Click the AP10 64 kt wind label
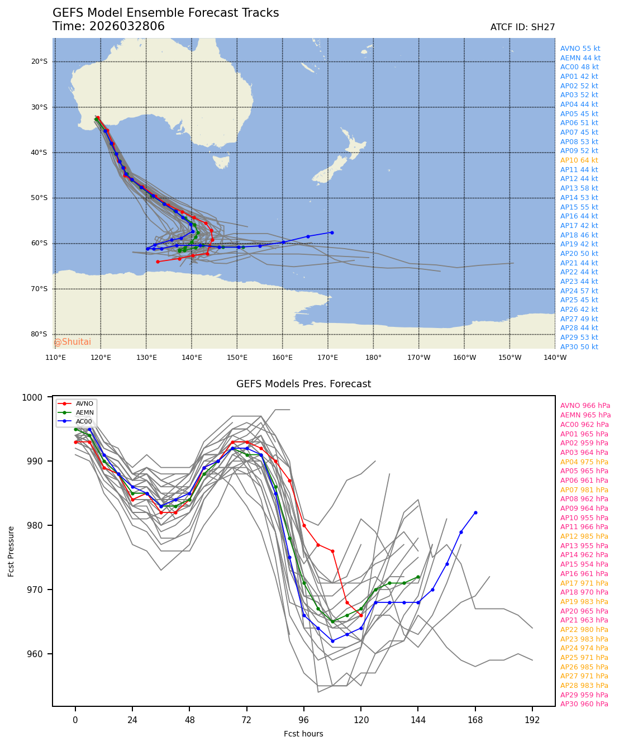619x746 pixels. click(x=579, y=160)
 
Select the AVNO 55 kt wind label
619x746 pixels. click(x=580, y=49)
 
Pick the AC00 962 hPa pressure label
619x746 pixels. click(x=584, y=425)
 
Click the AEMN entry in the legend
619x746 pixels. click(x=84, y=412)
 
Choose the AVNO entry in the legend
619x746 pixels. click(x=84, y=403)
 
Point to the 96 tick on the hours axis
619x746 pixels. click(x=304, y=720)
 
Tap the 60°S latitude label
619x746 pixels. click(x=39, y=243)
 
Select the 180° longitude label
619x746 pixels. click(x=373, y=358)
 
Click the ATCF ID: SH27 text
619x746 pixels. click(x=522, y=27)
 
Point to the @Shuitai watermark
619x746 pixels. click(x=73, y=342)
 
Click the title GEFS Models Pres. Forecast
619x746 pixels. click(x=303, y=384)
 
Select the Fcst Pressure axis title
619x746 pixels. click(x=11, y=551)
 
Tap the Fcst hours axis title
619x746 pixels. click(x=303, y=734)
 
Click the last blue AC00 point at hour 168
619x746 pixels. click(x=475, y=512)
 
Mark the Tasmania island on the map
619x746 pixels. click(x=221, y=161)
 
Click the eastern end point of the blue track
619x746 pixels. click(x=332, y=232)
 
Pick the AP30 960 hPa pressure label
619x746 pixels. click(x=584, y=704)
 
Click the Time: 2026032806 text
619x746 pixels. click(x=108, y=26)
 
